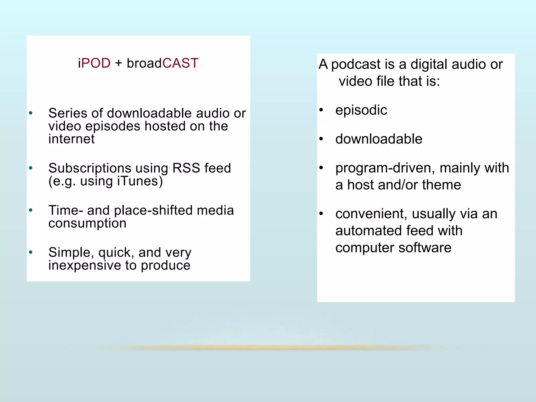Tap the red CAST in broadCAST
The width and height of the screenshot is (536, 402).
pyautogui.click(x=180, y=63)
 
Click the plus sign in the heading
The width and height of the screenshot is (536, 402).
pyautogui.click(x=119, y=63)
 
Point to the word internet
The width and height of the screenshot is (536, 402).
pyautogui.click(x=71, y=139)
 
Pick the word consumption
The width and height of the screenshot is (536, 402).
pyautogui.click(x=87, y=223)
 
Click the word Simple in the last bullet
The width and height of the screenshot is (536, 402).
pyautogui.click(x=69, y=253)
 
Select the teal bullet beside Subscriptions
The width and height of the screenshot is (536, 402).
pyautogui.click(x=31, y=168)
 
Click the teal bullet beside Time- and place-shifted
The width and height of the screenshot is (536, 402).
pyautogui.click(x=31, y=210)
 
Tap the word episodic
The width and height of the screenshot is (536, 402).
pyautogui.click(x=361, y=110)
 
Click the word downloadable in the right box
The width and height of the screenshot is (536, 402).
pyautogui.click(x=379, y=139)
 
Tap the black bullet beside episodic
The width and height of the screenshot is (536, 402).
pyautogui.click(x=321, y=110)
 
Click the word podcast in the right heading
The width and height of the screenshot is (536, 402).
pyautogui.click(x=363, y=64)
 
